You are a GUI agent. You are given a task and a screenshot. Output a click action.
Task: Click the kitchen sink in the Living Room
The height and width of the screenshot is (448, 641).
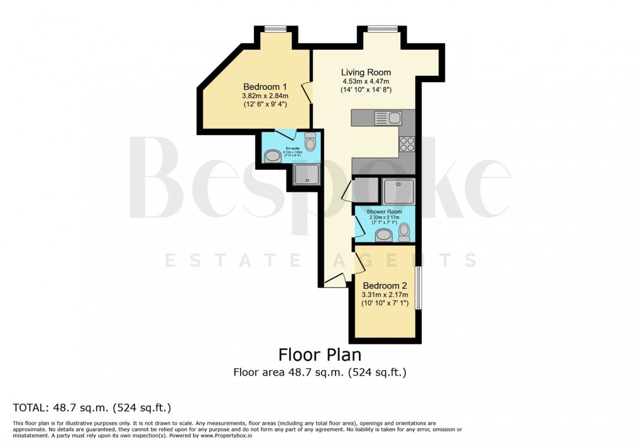tap(388, 117)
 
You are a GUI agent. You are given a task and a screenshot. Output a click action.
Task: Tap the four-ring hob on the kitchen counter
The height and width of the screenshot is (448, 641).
tap(407, 144)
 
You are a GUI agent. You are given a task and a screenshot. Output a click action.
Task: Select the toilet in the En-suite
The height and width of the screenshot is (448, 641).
tap(310, 142)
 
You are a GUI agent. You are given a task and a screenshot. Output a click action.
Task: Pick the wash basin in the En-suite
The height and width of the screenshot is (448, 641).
tap(272, 156)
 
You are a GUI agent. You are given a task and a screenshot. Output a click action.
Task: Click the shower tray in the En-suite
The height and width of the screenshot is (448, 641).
tap(307, 174)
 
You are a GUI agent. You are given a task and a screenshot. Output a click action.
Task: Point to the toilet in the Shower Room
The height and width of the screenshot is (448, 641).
tap(404, 234)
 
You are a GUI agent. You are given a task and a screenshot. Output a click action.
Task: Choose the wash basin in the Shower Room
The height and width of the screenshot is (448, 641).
tap(382, 236)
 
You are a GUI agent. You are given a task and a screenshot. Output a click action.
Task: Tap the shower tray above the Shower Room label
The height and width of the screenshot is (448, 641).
tap(398, 190)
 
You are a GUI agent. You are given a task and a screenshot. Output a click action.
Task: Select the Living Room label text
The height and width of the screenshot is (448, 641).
tap(366, 72)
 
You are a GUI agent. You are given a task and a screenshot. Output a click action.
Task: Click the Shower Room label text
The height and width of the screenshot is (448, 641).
tap(385, 212)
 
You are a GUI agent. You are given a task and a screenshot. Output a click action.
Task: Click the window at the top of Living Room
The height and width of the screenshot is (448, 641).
tap(383, 28)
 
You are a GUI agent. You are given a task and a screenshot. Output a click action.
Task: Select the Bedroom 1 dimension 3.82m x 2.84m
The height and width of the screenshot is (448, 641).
tap(265, 96)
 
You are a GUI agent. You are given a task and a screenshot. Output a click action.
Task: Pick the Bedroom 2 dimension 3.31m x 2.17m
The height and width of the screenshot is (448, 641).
tap(385, 295)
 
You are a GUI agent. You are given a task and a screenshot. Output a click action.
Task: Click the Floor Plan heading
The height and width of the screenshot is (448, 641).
tap(320, 355)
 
